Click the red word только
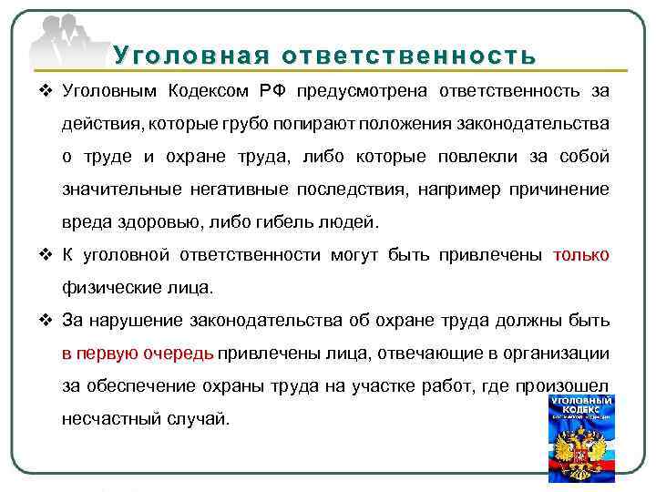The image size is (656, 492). tap(581, 255)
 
